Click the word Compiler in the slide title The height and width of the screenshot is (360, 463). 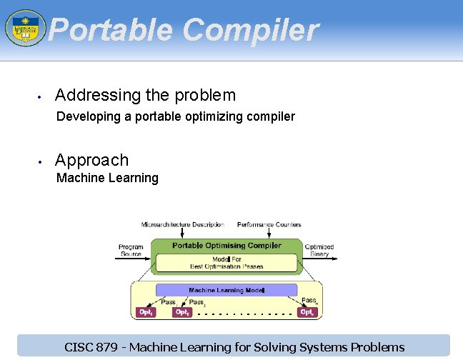point(250,30)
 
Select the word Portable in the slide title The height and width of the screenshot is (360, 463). point(110,30)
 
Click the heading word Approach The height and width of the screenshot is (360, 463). point(91,160)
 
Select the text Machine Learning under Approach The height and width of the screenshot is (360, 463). point(107,178)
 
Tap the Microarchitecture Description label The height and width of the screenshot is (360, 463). point(183,224)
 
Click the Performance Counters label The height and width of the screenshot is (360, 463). point(269,224)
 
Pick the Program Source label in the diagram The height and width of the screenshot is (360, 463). point(131,250)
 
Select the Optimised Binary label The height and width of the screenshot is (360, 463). point(319,250)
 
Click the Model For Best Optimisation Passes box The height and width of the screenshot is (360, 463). point(226,263)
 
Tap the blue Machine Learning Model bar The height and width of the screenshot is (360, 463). point(226,291)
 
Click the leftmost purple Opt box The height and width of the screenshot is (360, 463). point(145,312)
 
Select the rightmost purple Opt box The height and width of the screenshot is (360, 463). point(307,312)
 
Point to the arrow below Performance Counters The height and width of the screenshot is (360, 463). point(269,234)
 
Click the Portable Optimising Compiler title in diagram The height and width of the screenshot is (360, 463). point(226,246)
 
